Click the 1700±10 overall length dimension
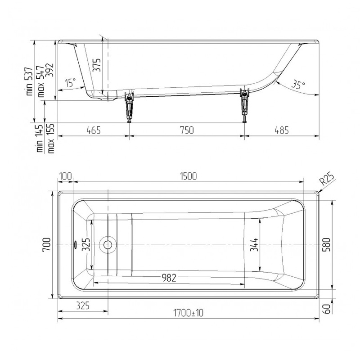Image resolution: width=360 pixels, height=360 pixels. [188, 313]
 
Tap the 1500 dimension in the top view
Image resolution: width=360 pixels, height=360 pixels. [188, 176]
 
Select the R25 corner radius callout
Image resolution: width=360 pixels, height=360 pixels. [328, 179]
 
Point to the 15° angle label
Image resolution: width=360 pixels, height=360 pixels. [70, 83]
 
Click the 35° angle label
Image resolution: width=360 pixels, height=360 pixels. [298, 85]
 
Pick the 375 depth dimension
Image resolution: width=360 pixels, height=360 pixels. [97, 65]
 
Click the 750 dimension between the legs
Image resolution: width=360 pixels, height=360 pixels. [187, 130]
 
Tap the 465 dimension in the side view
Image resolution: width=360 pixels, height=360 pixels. [94, 130]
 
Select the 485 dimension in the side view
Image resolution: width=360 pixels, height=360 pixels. [282, 130]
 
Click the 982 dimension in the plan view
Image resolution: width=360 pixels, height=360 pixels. [169, 278]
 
